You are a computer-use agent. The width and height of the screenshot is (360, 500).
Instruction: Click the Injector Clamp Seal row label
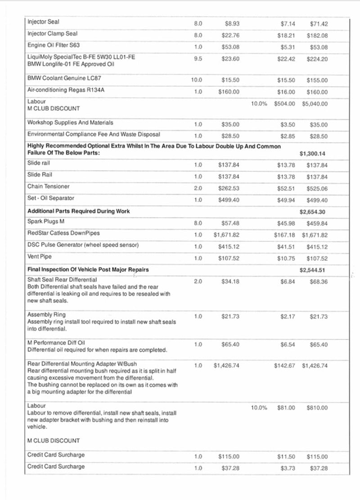point(52,34)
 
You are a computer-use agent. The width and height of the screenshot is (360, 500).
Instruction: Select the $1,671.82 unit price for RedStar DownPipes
point(226,235)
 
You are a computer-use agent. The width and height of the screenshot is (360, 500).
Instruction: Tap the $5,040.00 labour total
point(315,104)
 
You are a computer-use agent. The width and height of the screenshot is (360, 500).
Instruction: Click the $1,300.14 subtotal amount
point(313,154)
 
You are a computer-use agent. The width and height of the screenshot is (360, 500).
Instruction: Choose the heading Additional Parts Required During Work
point(78,211)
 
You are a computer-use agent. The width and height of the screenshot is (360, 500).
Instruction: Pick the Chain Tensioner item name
point(49,186)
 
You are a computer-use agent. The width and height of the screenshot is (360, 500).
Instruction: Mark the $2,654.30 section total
point(313,211)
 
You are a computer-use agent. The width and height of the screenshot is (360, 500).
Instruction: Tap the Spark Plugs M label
point(46,222)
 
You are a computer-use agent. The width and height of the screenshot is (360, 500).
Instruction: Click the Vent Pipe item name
point(40,257)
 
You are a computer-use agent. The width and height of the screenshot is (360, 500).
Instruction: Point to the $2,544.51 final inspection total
point(313,270)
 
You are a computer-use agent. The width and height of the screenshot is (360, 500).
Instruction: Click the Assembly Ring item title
point(46,314)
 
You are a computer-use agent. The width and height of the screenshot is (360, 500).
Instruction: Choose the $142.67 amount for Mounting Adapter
point(284,366)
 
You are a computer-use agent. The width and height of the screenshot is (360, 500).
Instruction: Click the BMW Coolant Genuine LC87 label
point(64,78)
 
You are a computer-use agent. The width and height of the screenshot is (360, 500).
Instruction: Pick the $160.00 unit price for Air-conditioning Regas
point(229,92)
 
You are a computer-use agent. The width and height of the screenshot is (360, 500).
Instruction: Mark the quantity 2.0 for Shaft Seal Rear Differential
point(198,282)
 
